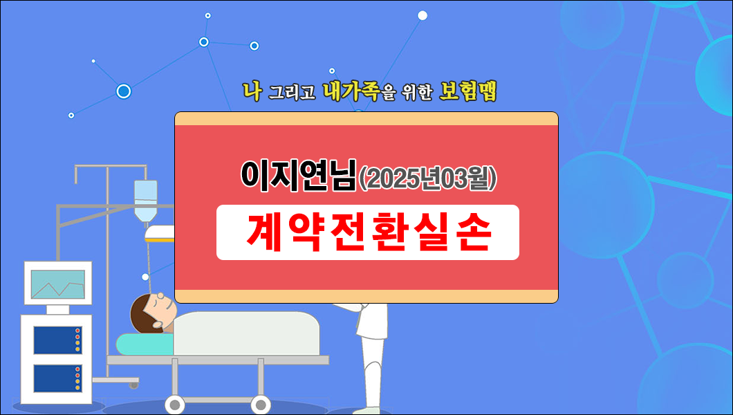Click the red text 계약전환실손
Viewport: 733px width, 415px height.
(368, 233)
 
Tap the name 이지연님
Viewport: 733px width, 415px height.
(298, 177)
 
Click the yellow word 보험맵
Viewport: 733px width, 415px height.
(468, 92)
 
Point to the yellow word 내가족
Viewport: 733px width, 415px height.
(351, 92)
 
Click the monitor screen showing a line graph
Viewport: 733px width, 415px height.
(58, 284)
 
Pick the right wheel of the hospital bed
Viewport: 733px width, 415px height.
(261, 404)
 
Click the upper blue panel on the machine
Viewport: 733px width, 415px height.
(58, 340)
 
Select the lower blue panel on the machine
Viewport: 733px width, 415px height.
(58, 378)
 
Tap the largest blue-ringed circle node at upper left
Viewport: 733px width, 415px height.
(124, 91)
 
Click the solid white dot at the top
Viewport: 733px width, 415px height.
(423, 15)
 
